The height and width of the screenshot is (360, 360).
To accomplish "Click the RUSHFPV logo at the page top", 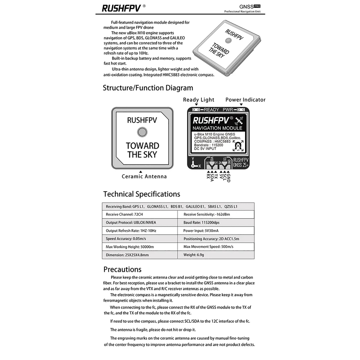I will [121, 8].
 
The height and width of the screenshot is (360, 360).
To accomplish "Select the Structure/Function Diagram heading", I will [148, 88].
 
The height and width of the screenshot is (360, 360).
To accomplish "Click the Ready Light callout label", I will [198, 100].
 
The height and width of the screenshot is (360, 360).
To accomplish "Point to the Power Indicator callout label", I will [245, 100].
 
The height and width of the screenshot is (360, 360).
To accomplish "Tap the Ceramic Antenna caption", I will [144, 176].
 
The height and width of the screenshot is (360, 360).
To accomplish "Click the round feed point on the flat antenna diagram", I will [142, 132].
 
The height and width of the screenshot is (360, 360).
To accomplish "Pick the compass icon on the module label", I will [239, 145].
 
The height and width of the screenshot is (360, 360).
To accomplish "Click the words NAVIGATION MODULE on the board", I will [217, 128].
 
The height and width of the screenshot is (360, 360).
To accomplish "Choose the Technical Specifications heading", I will [141, 194].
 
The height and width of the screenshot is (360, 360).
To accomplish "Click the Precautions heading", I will [122, 270].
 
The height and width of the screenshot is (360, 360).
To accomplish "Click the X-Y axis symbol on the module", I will [194, 163].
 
